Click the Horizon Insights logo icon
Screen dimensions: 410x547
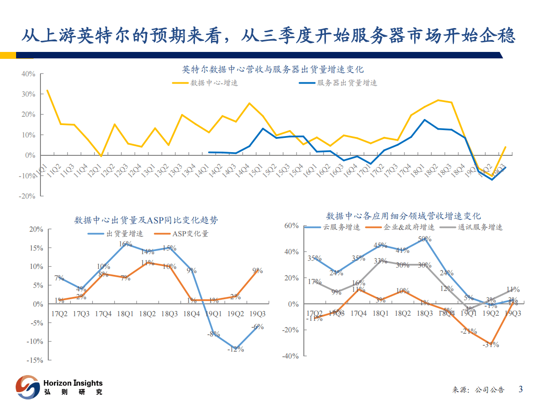[x=27, y=387]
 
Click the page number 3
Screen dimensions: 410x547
[x=520, y=389]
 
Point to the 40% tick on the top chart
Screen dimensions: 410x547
[x=28, y=74]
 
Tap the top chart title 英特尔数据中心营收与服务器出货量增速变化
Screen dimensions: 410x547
[x=273, y=69]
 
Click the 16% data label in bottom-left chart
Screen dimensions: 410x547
[x=125, y=244]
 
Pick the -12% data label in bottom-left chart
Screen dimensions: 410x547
[x=235, y=349]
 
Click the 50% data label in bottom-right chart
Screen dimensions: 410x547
[x=425, y=239]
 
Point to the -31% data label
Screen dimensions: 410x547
[x=490, y=344]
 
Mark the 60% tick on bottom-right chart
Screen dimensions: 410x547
[x=291, y=226]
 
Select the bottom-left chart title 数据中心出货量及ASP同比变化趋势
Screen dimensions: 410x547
[x=146, y=220]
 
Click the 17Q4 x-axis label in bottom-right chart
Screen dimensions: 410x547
[x=359, y=313]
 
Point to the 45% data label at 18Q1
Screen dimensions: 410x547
[x=380, y=245]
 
